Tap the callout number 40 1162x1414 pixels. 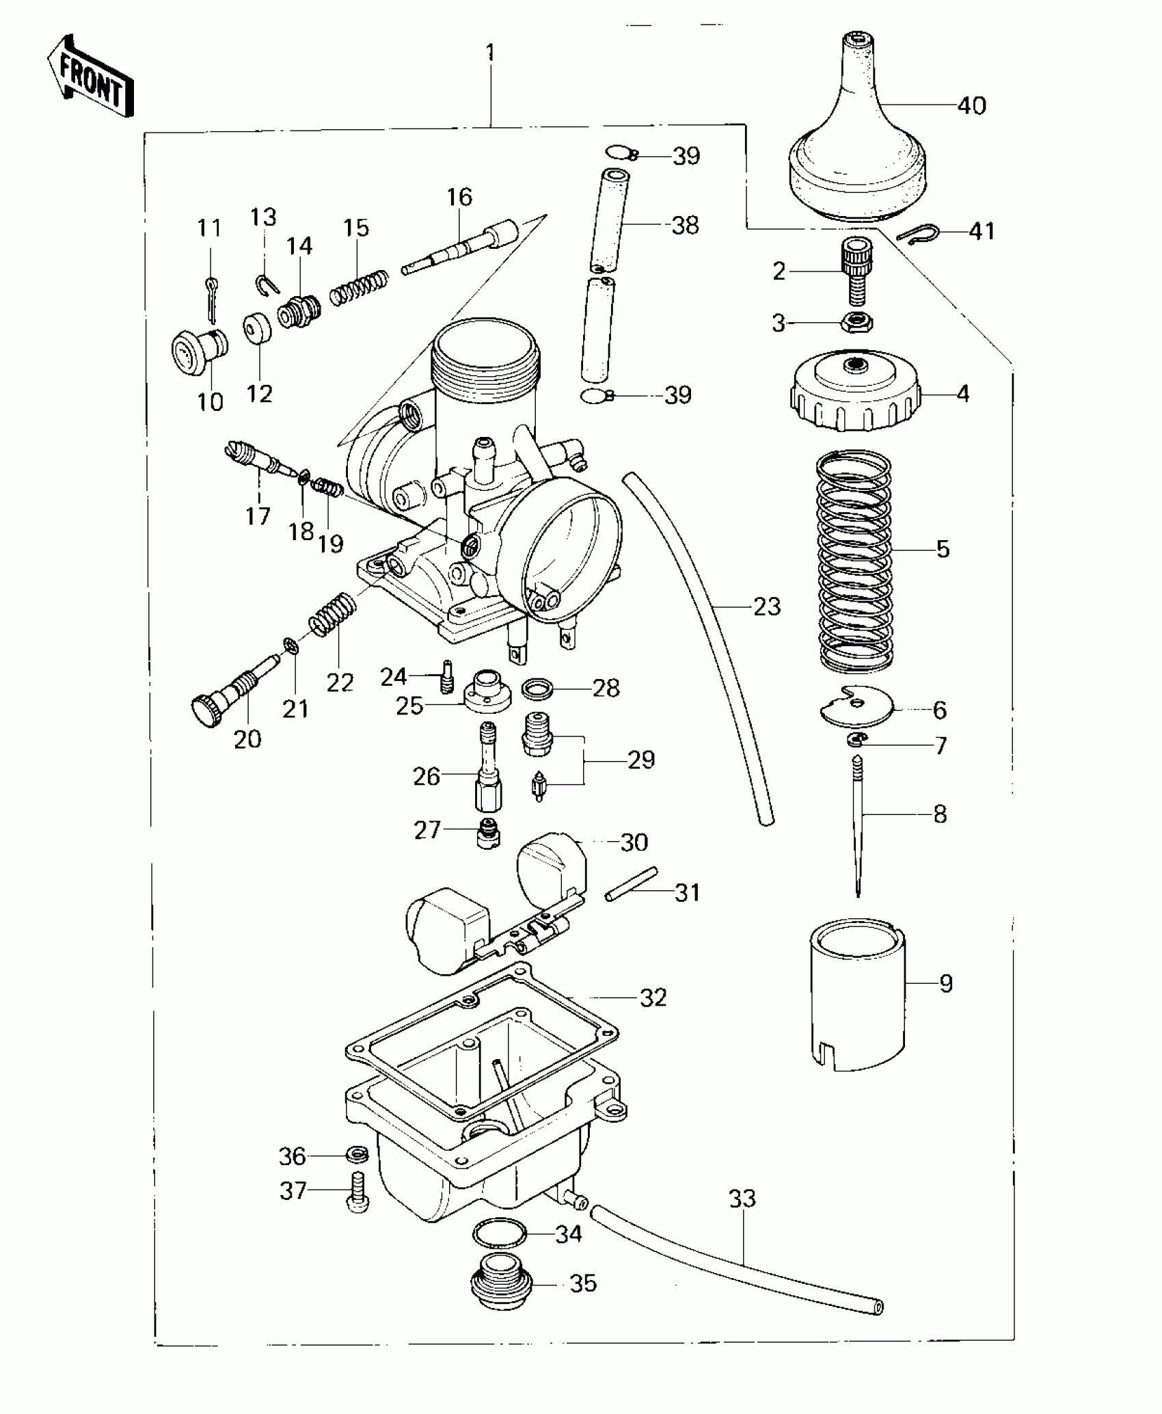[x=971, y=106]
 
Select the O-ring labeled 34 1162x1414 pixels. [x=499, y=1233]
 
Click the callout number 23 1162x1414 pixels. [x=767, y=606]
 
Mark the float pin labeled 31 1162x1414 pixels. [x=631, y=884]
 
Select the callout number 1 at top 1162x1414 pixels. [x=489, y=53]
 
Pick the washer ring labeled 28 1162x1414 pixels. [x=538, y=689]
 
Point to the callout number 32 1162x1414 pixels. [x=653, y=998]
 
